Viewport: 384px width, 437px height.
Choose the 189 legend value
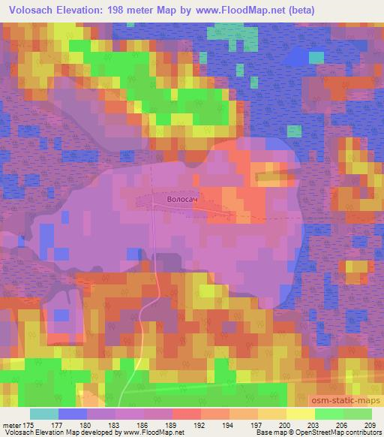pyautogui.click(x=172, y=424)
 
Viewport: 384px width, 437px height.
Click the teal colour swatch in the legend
pyautogui.click(x=44, y=414)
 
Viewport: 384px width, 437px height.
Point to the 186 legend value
pyautogui.click(x=143, y=424)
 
